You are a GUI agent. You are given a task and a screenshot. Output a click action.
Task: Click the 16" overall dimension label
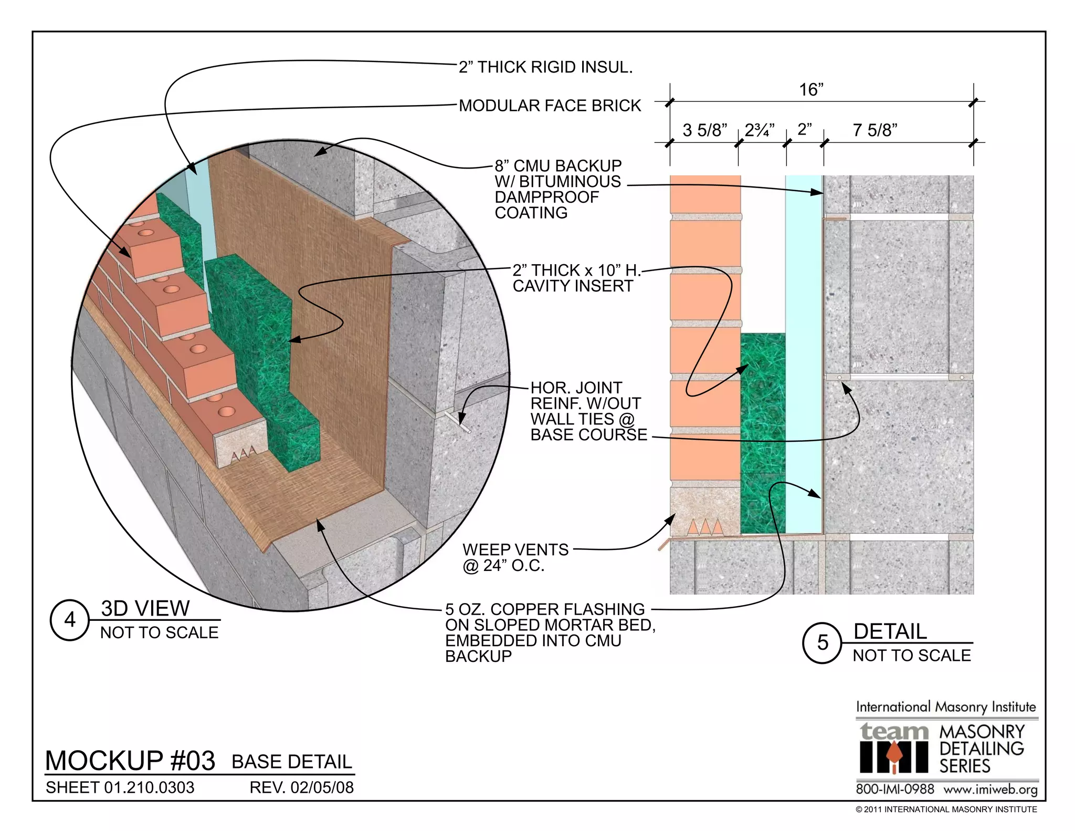pyautogui.click(x=811, y=90)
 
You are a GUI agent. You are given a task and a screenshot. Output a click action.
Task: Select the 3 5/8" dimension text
pyautogui.click(x=704, y=130)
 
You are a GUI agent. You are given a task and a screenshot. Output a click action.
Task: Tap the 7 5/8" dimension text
pyautogui.click(x=874, y=130)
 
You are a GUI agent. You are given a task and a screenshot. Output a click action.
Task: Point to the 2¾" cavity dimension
pyautogui.click(x=760, y=130)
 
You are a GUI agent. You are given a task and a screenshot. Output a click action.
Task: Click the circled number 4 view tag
pyautogui.click(x=70, y=620)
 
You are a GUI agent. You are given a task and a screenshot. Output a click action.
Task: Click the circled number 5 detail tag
pyautogui.click(x=822, y=642)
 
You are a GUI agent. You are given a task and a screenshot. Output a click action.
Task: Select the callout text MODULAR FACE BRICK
pyautogui.click(x=550, y=106)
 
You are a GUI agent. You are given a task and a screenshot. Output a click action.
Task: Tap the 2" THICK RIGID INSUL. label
pyautogui.click(x=545, y=67)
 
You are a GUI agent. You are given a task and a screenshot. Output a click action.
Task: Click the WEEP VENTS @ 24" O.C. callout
pyautogui.click(x=515, y=557)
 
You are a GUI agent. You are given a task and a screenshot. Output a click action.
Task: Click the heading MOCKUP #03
pyautogui.click(x=130, y=761)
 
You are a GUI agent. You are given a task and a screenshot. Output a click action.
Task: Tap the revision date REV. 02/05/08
pyautogui.click(x=301, y=787)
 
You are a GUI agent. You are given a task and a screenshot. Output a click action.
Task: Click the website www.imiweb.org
pyautogui.click(x=990, y=790)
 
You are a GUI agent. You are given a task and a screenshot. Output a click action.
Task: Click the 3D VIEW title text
pyautogui.click(x=145, y=608)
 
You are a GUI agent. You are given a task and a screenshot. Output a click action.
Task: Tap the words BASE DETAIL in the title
pyautogui.click(x=292, y=762)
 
